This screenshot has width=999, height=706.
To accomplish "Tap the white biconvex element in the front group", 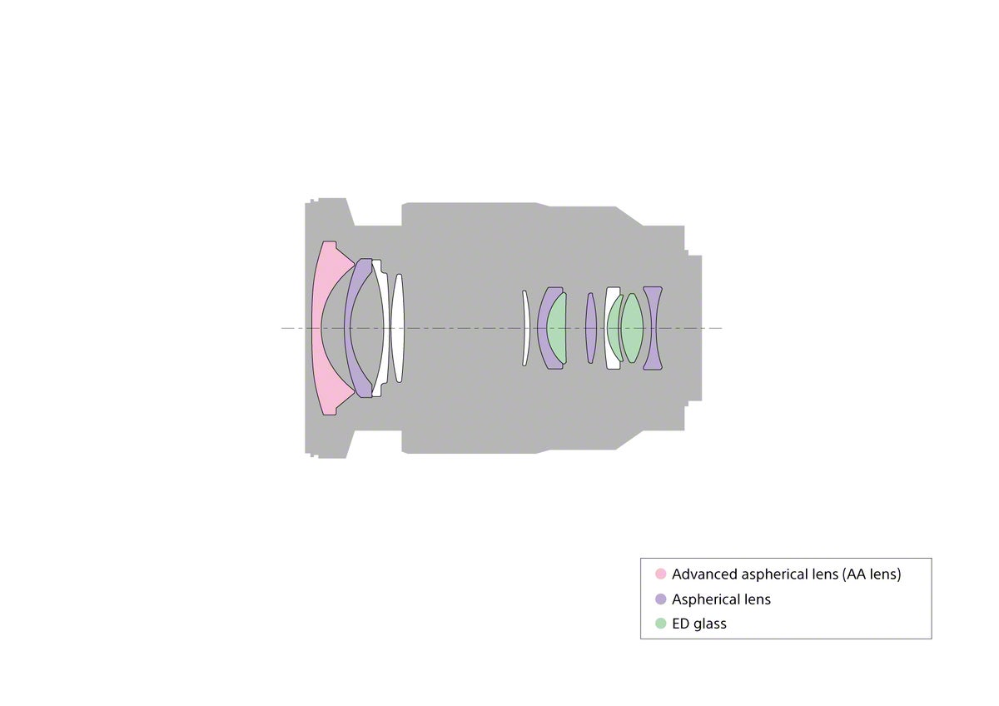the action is [398, 328].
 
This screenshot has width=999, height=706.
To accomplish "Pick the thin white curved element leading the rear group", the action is [526, 328].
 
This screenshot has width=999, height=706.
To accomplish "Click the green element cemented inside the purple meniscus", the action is [557, 328].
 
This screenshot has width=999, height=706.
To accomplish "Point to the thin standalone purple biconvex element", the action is [590, 328].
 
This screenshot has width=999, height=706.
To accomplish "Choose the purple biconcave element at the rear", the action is [653, 328].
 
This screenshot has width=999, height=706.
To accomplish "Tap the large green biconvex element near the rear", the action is [633, 328].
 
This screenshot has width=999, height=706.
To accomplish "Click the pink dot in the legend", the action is [660, 574].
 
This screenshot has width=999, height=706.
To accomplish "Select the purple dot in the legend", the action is [660, 599].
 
